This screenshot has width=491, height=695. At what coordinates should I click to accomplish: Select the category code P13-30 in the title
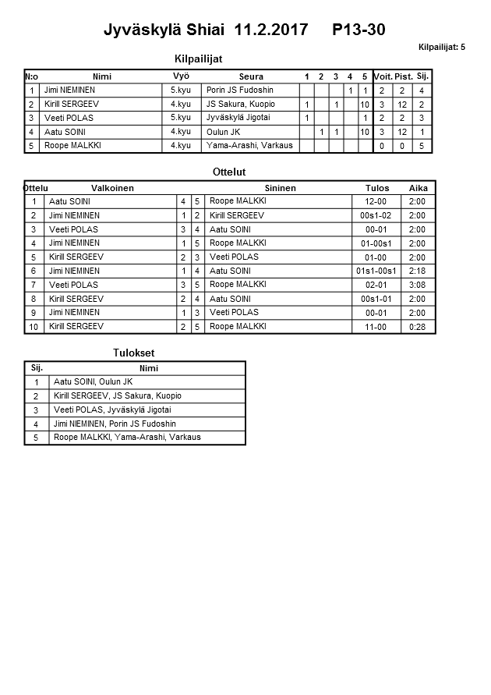point(359,30)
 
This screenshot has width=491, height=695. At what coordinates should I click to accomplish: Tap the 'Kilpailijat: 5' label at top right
point(441,48)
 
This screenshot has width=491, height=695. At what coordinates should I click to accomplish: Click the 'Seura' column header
point(251,76)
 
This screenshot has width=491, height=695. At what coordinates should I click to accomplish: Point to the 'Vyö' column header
point(181,76)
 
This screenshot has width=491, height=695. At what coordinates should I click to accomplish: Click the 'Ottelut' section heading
point(229,172)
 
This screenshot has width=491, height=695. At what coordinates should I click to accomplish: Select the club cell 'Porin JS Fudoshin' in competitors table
point(238,90)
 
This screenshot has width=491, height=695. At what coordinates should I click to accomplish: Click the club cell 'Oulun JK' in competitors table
point(223,132)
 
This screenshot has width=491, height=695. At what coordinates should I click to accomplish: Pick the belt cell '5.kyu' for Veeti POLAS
point(181,118)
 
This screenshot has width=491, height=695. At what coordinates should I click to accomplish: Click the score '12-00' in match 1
point(376,201)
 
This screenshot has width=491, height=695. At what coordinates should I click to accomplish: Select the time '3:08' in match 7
point(418,285)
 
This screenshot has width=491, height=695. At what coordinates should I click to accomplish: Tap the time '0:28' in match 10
point(418,327)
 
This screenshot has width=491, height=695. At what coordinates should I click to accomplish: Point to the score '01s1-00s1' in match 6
point(376,271)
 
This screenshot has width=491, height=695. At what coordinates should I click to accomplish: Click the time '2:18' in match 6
point(418,271)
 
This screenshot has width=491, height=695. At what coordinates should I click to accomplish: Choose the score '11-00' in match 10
point(376,327)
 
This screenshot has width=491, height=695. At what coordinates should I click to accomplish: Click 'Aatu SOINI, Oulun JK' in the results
point(93,381)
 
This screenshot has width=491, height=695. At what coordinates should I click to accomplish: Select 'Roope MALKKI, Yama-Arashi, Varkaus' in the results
point(127,438)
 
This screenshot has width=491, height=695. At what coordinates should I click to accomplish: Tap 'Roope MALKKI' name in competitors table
point(72,146)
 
